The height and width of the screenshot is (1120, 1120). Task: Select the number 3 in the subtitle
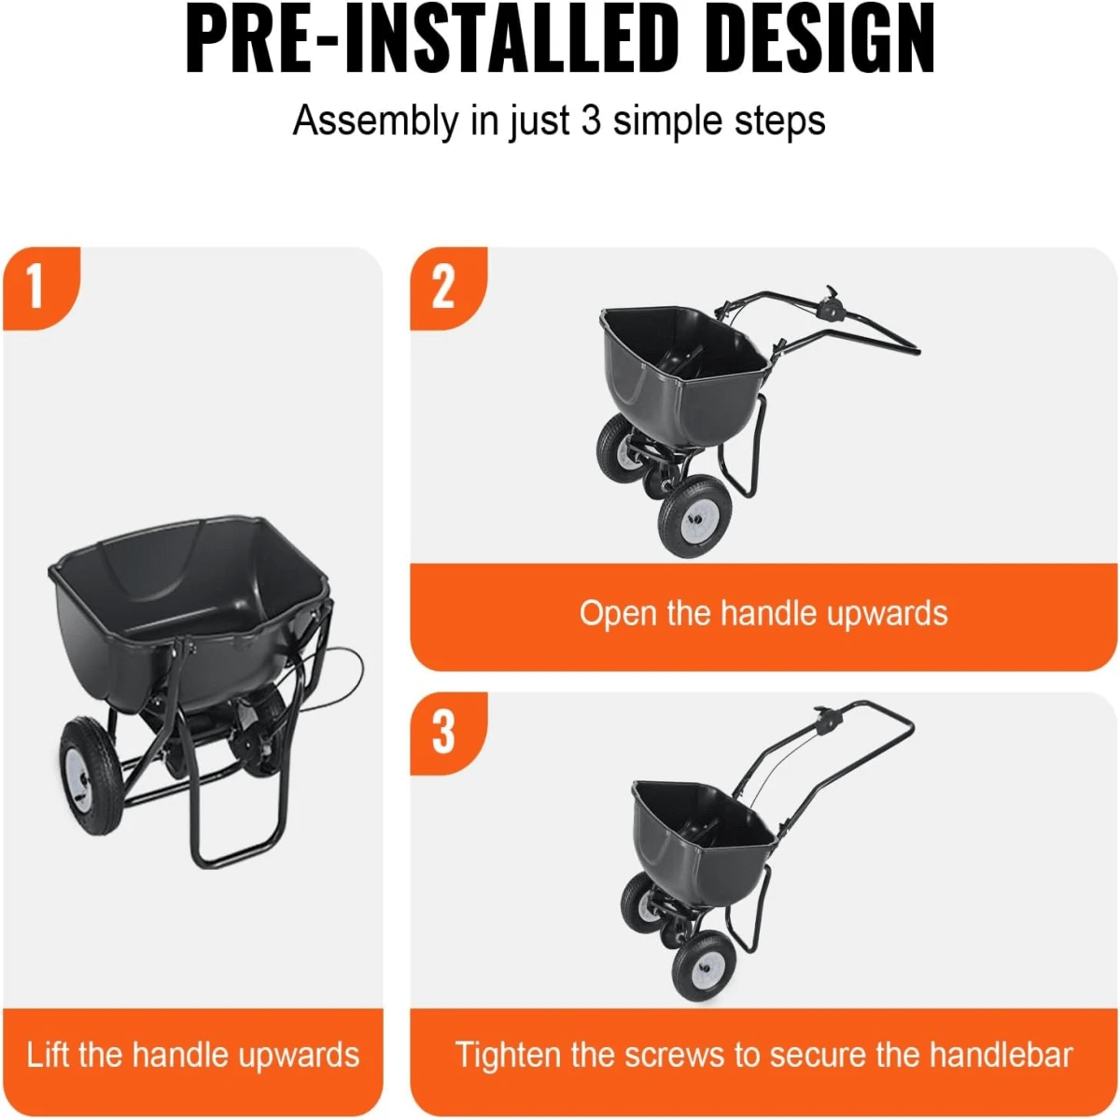point(591,121)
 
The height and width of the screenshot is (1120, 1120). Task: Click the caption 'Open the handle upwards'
point(763,613)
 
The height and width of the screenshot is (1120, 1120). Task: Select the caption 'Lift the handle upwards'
point(193,1055)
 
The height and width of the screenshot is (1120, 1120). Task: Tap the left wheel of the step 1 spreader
point(91,765)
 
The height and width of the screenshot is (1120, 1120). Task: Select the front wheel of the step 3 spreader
point(702,964)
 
